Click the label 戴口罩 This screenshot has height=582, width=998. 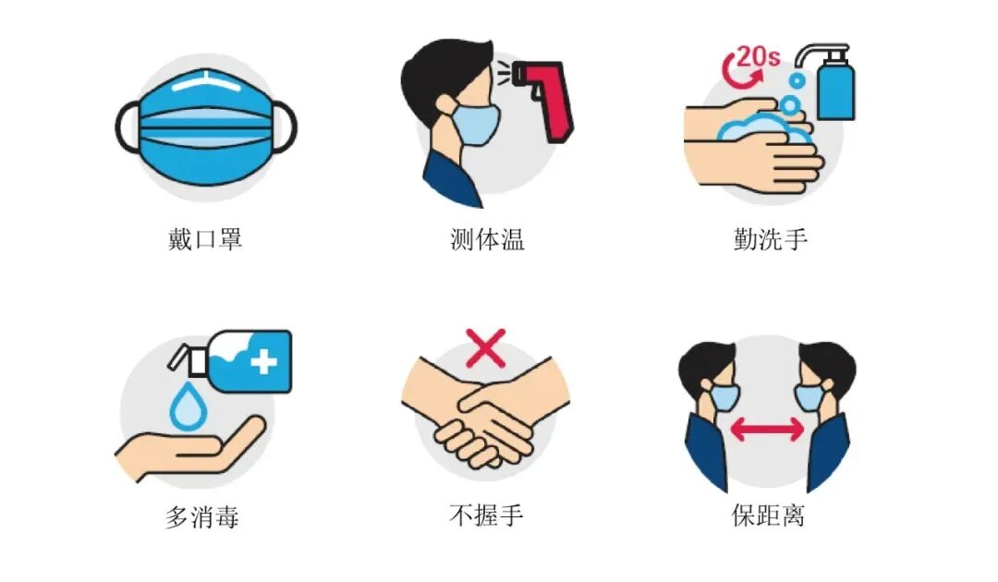click(204, 239)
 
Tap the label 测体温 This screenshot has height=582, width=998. click(487, 239)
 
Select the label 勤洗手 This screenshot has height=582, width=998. click(770, 239)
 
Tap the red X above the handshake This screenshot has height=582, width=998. click(486, 350)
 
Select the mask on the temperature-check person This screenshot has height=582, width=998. click(477, 124)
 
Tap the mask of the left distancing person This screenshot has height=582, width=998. click(724, 396)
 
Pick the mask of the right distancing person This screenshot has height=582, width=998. click(809, 396)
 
